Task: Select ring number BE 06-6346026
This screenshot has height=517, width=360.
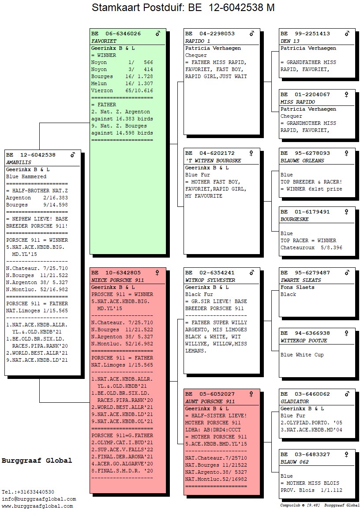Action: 116,34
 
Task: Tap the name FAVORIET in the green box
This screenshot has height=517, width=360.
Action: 104,41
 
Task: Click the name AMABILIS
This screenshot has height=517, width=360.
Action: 19,162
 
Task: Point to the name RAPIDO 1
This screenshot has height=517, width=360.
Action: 198,41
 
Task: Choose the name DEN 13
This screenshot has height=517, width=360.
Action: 290,41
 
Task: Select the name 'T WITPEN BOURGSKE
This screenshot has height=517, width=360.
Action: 213,161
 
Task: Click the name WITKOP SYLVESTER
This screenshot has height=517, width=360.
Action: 210,280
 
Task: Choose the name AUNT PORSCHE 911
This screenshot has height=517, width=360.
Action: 210,401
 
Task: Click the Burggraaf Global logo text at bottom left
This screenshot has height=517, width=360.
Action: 37,461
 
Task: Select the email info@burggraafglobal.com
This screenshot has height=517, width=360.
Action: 39,499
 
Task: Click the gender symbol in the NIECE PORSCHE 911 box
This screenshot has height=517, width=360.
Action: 157,273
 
